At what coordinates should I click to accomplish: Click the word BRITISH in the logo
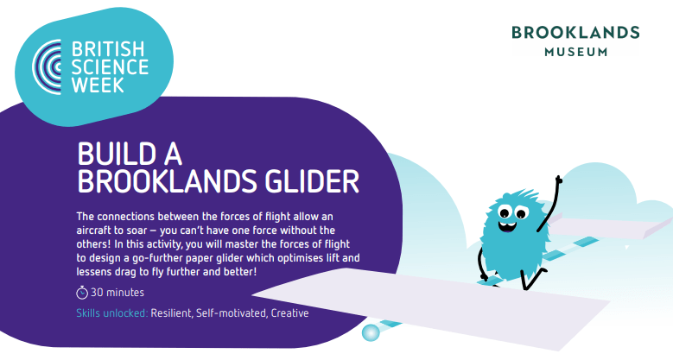pos(108,49)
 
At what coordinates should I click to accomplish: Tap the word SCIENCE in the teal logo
pos(110,67)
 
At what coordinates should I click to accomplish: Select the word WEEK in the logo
pos(98,85)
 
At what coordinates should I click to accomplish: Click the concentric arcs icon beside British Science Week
pos(47,67)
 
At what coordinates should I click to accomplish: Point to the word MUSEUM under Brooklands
pos(576,52)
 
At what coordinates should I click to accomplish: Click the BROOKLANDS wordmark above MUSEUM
pos(575,33)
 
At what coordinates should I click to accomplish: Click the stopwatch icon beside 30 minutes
pos(82,293)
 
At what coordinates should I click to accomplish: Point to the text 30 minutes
pos(117,293)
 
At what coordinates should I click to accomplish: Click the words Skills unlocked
pos(112,313)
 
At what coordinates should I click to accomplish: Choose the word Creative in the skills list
pos(289,313)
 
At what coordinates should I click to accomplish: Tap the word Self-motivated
pos(232,313)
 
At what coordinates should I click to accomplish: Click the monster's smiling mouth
pos(508,225)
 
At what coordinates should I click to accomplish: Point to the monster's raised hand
pos(558,180)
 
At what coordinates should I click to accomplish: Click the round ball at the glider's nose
pos(371,332)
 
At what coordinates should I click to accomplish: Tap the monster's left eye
pos(504,212)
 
